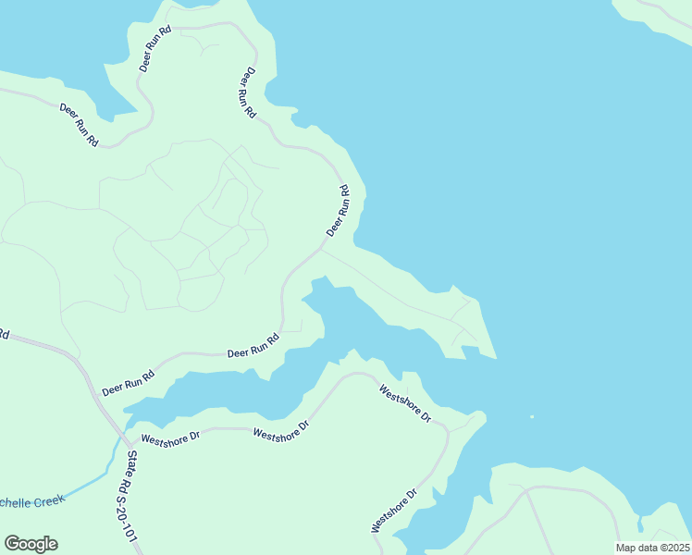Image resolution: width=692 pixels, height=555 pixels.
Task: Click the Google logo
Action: pos(31,544)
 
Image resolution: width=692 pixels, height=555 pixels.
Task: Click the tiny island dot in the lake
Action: pos(531,416)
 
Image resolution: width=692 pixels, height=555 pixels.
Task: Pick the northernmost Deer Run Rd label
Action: pos(155,49)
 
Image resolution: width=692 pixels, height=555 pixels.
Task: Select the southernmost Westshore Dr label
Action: pos(394,509)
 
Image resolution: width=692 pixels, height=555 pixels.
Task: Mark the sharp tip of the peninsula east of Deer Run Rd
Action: pos(497,357)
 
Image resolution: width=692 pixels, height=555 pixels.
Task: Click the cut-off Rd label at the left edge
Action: pos(4,334)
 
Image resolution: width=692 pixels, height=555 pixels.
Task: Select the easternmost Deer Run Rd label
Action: pos(338,211)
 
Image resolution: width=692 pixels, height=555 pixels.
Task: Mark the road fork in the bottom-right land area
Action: pos(526,489)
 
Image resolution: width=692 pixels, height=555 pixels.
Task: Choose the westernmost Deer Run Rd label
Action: pos(79,124)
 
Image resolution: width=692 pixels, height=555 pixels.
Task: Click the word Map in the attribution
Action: pos(626,548)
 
